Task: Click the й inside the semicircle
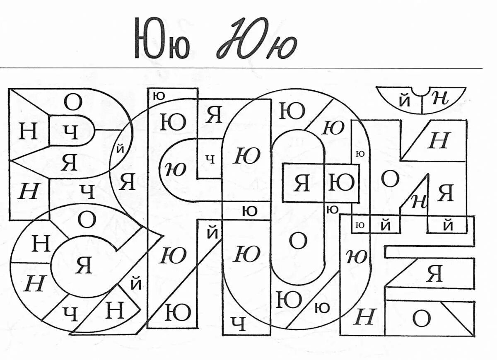(405, 101)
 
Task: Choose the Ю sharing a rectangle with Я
(341, 183)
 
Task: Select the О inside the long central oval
(297, 240)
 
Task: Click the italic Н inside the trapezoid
(438, 141)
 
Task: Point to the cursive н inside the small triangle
(419, 201)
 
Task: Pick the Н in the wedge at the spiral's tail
(115, 310)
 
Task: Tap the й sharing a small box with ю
(386, 226)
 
